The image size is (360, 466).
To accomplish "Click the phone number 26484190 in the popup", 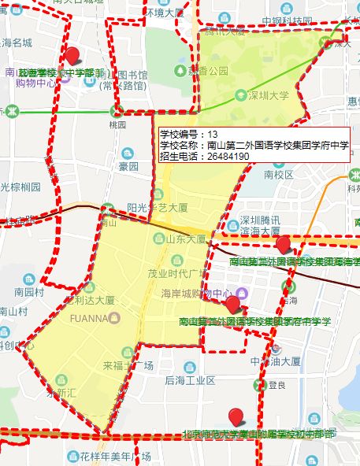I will (x=228, y=157).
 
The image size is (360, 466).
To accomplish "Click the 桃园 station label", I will (x=117, y=124).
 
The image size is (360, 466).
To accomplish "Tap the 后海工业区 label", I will (x=190, y=380).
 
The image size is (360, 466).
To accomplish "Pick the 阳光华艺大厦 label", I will (x=157, y=208).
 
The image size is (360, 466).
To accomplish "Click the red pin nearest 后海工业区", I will (x=235, y=416).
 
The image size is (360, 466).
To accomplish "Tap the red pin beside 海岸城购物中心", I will (x=232, y=304).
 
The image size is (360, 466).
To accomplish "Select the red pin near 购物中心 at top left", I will (x=73, y=55).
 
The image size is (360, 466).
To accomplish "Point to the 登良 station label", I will (x=276, y=385).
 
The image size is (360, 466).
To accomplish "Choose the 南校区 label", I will (x=279, y=175).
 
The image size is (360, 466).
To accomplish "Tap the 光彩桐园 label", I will (x=20, y=187).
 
